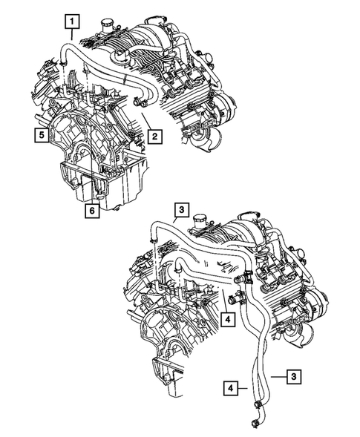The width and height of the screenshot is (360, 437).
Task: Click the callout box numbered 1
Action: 72,22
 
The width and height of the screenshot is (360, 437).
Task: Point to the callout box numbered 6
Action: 90,210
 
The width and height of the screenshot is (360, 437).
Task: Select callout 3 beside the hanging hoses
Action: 294,378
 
